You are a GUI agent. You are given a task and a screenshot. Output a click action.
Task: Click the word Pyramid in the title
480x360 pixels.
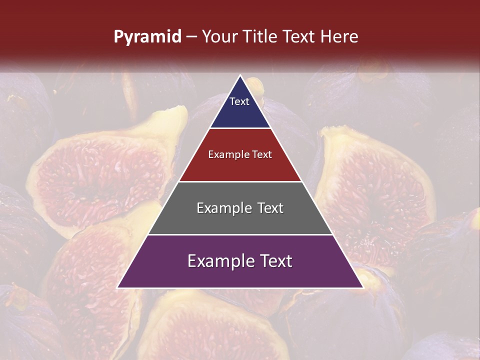click(x=147, y=37)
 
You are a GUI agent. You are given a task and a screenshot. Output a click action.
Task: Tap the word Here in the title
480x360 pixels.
click(x=339, y=37)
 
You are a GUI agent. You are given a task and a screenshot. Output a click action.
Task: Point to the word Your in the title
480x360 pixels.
click(x=219, y=37)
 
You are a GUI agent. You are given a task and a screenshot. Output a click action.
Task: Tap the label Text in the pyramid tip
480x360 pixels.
click(x=239, y=101)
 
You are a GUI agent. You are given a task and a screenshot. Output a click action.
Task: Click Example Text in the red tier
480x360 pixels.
click(x=240, y=154)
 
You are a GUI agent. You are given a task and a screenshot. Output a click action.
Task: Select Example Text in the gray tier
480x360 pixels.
click(x=240, y=208)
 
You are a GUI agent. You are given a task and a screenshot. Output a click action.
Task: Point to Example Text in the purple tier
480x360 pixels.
click(x=240, y=261)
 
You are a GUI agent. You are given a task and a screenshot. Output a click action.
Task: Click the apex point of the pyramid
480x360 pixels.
click(x=240, y=75)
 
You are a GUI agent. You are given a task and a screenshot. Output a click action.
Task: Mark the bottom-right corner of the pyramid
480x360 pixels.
click(x=362, y=287)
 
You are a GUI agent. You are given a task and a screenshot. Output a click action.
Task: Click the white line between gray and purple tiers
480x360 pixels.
click(x=240, y=234)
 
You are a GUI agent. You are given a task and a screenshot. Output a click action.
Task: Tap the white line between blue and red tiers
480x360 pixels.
click(x=240, y=128)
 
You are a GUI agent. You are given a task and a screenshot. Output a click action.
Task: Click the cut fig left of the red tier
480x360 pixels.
click(x=100, y=175)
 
